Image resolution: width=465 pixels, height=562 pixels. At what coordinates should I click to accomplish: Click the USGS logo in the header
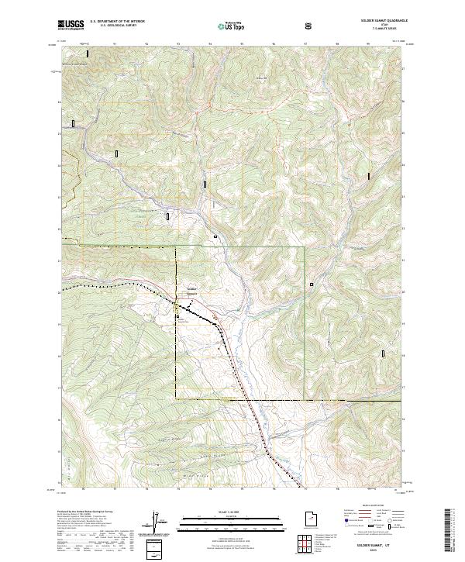pyautogui.click(x=71, y=25)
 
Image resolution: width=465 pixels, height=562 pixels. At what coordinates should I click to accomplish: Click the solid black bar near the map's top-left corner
pyautogui.click(x=88, y=54)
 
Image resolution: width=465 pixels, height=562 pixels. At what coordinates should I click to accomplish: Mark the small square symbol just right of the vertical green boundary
pyautogui.click(x=312, y=284)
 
